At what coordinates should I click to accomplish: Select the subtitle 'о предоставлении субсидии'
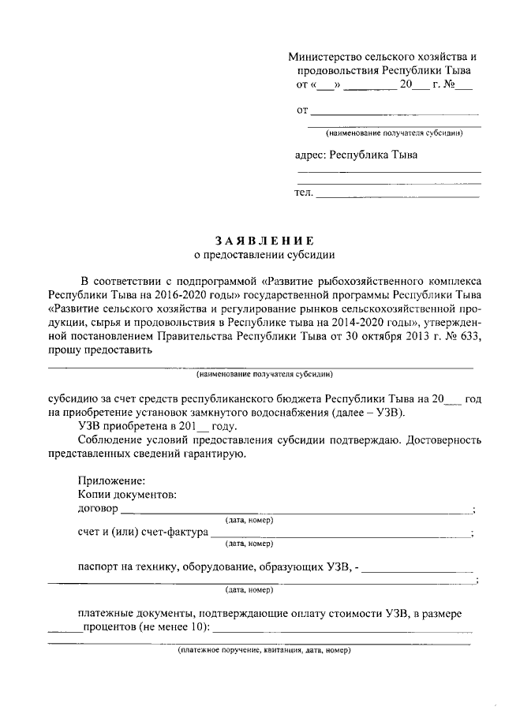coord(264,254)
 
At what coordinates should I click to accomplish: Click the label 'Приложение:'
coord(111,480)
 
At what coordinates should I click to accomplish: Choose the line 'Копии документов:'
coord(127,494)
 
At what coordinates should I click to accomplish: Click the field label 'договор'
coord(99,508)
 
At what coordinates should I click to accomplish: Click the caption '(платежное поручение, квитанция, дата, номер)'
coord(264,651)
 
